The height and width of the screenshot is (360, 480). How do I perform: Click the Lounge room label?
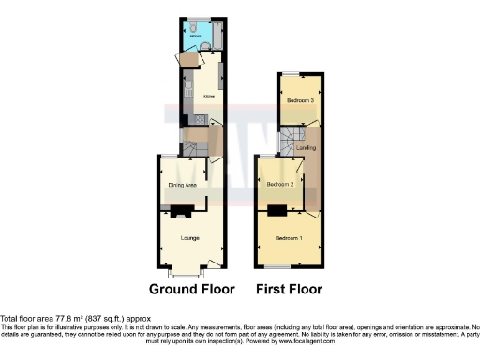189,238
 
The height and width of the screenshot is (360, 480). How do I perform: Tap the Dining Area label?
182,186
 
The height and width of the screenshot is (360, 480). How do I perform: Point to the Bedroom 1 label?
288,239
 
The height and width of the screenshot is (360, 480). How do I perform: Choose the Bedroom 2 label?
280,185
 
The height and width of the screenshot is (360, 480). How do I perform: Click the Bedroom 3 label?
300,100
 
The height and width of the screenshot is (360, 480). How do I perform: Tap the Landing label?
305,148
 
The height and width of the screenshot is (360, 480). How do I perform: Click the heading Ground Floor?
191,289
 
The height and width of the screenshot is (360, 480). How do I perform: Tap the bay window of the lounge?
188,275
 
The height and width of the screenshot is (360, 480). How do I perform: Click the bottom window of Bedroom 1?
288,269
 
